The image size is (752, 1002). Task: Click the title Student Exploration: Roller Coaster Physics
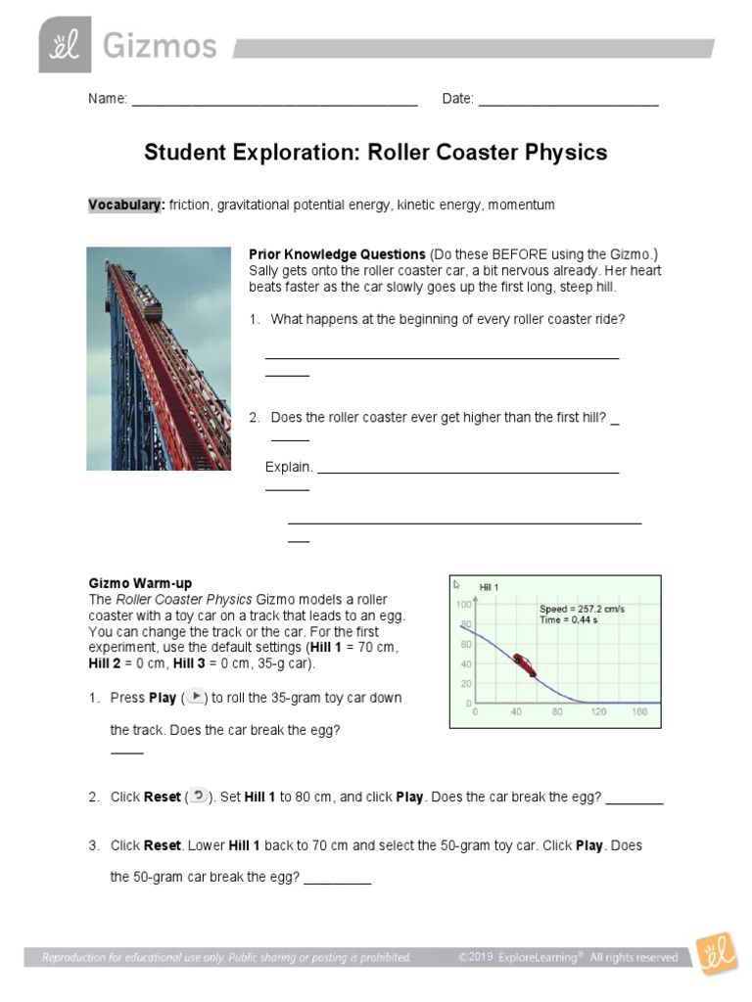click(x=376, y=153)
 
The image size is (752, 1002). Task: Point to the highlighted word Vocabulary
click(x=126, y=205)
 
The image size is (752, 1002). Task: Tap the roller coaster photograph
click(x=159, y=358)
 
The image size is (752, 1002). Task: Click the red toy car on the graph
click(x=524, y=664)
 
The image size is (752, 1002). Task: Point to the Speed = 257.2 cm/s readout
click(x=582, y=609)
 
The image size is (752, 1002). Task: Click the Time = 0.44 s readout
click(x=569, y=620)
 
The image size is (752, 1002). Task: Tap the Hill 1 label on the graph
click(x=490, y=587)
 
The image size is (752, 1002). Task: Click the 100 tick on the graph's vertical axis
click(x=463, y=604)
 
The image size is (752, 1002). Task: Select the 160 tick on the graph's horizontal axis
click(x=640, y=711)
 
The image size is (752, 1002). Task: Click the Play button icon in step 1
click(x=195, y=697)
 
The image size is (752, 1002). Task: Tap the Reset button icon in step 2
click(x=198, y=796)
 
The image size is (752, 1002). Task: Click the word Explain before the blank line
click(x=289, y=467)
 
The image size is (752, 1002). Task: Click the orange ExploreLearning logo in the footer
click(x=716, y=952)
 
